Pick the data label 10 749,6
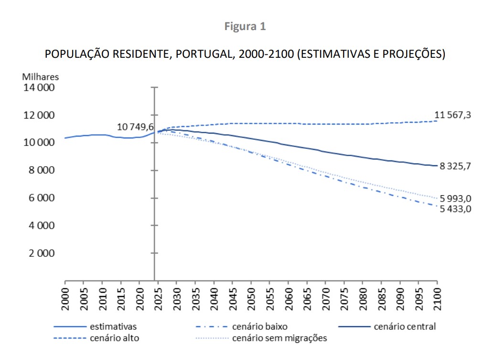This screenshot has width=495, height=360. point(136,127)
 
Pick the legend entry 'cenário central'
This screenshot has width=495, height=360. point(405,327)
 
